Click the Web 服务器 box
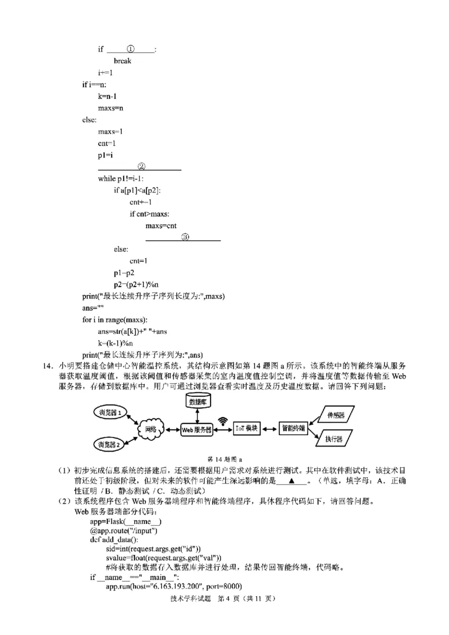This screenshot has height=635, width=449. point(196,430)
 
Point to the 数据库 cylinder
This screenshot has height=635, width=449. point(196,402)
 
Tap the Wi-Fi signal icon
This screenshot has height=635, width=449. point(223,420)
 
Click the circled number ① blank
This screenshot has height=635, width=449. point(130,49)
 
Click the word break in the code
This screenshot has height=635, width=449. point(122,61)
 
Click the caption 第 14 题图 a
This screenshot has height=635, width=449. point(224,458)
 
